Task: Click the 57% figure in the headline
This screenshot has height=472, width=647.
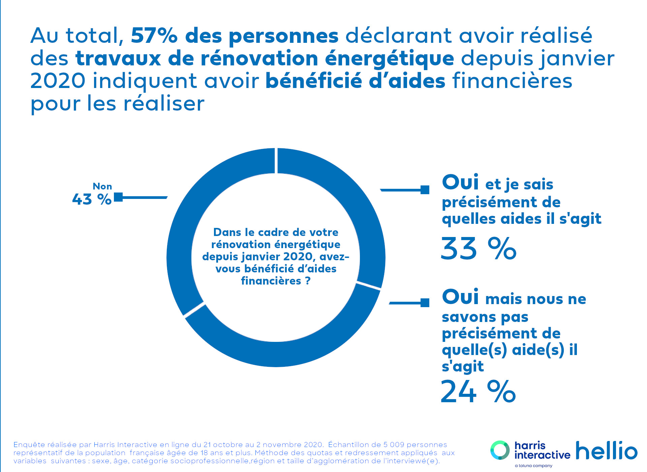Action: [154, 36]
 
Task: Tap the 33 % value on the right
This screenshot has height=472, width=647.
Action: [478, 249]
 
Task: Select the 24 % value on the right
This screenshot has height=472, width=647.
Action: [478, 392]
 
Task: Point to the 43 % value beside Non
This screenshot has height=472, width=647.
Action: [92, 199]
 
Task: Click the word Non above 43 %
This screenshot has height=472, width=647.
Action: [102, 186]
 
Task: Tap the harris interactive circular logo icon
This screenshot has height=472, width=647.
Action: [500, 450]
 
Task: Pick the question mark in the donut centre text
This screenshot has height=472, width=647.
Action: [308, 281]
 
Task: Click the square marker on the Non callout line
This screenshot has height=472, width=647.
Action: [118, 197]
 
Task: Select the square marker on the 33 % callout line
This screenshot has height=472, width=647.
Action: [425, 190]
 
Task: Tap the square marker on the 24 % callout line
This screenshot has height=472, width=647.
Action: [425, 303]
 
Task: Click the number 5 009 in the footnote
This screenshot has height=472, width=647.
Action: [394, 445]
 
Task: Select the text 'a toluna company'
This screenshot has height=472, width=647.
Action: [533, 466]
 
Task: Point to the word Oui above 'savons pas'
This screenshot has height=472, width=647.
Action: [460, 297]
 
